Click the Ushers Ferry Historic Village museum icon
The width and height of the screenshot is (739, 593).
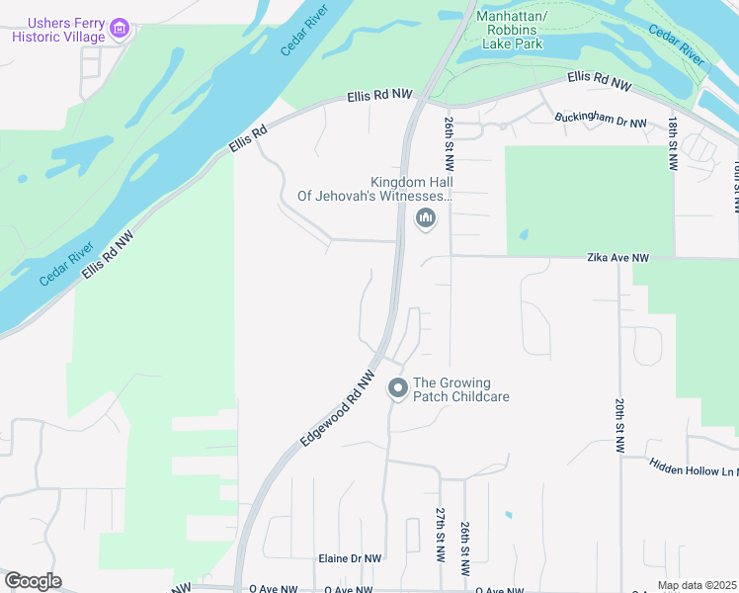pyautogui.click(x=121, y=29)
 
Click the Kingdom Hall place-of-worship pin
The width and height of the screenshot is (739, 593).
pyautogui.click(x=426, y=218)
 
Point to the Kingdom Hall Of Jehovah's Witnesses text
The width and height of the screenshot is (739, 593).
pyautogui.click(x=375, y=189)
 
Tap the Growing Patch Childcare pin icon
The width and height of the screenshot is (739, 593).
pyautogui.click(x=397, y=389)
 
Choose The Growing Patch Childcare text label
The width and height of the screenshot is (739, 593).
pyautogui.click(x=460, y=389)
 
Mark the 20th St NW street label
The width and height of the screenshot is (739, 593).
pyautogui.click(x=619, y=426)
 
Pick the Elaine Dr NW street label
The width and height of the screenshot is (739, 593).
pyautogui.click(x=349, y=558)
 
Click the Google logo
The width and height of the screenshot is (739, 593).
pyautogui.click(x=33, y=581)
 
